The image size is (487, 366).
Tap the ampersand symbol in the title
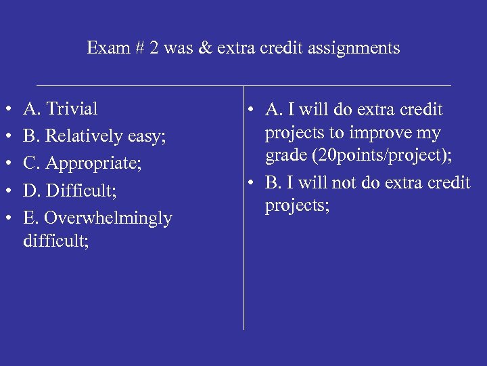[204, 48]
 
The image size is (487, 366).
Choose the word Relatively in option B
[81, 136]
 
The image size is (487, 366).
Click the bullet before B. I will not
[252, 183]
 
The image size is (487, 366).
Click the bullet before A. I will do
[252, 110]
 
